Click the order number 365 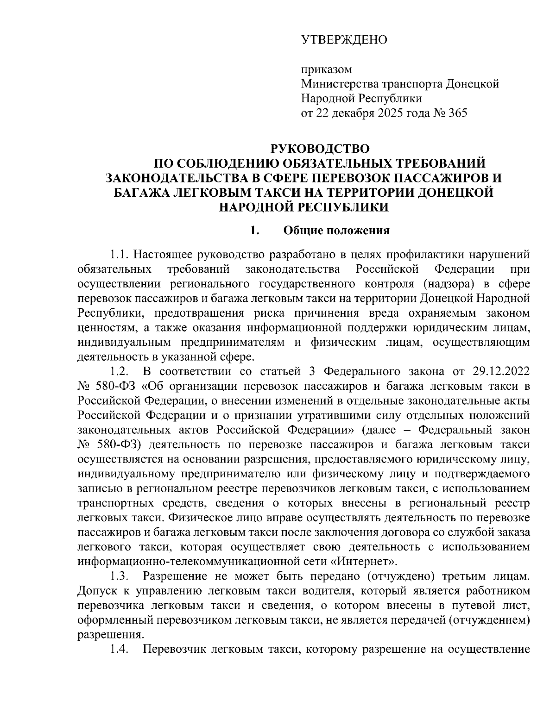pos(456,113)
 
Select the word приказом pos(326,70)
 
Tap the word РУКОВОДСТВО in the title pos(320,149)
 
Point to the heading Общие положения pos(336,230)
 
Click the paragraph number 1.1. pos(119,255)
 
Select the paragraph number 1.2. pos(119,371)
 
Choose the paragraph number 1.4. pos(119,649)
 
